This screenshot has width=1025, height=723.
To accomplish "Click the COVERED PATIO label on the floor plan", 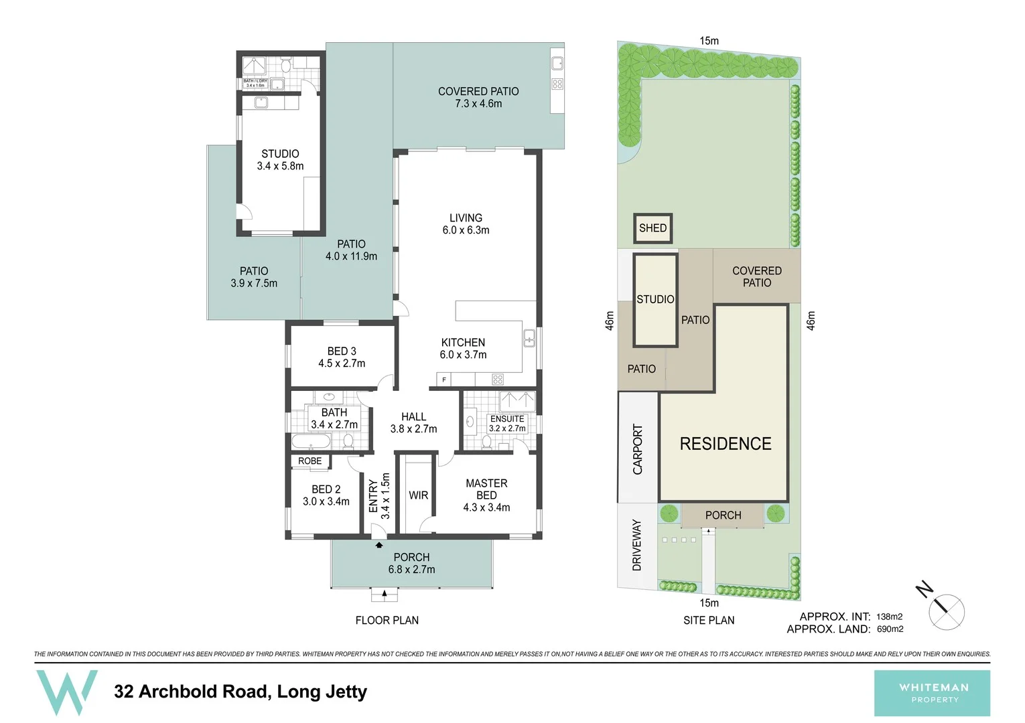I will pos(478,97).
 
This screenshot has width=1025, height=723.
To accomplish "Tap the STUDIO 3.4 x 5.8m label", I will pos(280,160).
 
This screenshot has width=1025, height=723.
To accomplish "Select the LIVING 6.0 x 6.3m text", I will pos(466,224).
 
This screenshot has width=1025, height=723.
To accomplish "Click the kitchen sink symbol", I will pos(529,338).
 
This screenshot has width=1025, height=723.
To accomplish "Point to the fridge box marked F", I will pos(443,380).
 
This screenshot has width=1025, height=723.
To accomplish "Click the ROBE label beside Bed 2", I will pos(310,461).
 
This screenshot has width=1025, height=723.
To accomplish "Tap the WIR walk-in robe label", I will pos(418,495).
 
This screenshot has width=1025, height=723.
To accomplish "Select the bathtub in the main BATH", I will pos(311,441).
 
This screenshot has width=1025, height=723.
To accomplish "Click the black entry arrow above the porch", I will pos(379,545).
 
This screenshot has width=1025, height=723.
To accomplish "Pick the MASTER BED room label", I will pos(486,495).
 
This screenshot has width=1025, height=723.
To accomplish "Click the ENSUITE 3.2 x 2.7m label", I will pos(507,423).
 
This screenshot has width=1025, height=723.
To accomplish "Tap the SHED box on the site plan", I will pos(653,228).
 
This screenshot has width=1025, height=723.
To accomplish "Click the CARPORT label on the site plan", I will pos(637,449).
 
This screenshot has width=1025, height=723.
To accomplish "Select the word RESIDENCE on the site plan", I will pos(726,444).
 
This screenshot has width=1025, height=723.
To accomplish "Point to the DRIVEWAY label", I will pos(636,545).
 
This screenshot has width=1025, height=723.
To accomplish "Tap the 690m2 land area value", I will pos(890,629).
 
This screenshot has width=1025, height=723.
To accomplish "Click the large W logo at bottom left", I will pos(67,692).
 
